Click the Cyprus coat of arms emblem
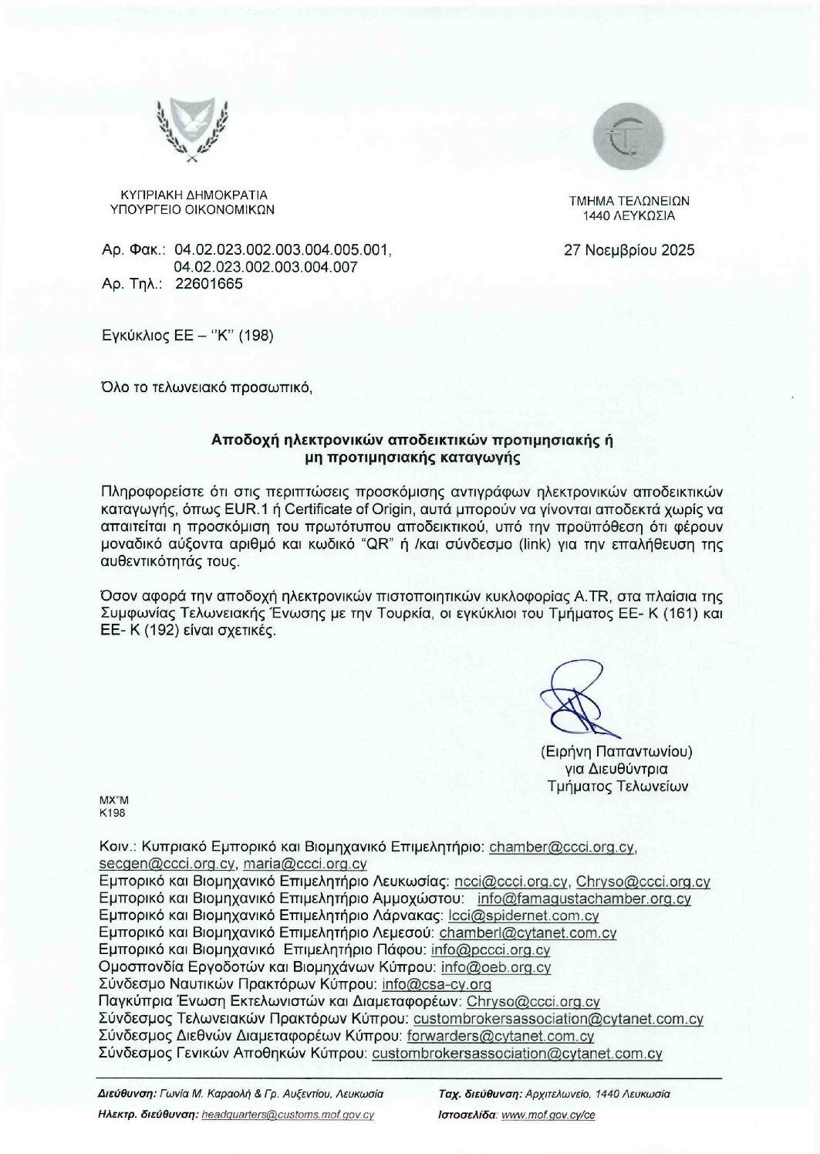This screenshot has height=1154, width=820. pyautogui.click(x=191, y=130)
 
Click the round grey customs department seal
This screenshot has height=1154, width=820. pyautogui.click(x=628, y=138)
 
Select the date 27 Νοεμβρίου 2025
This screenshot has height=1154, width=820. pyautogui.click(x=629, y=250)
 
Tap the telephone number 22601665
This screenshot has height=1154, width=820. pyautogui.click(x=209, y=283)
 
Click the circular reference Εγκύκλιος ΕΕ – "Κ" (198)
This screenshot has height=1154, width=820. pyautogui.click(x=187, y=336)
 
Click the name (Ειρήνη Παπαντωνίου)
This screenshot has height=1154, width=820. pyautogui.click(x=616, y=751)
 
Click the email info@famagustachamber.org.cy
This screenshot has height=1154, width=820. pyautogui.click(x=584, y=898)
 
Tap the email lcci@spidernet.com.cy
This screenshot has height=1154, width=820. pyautogui.click(x=523, y=916)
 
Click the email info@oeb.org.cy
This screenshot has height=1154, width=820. pyautogui.click(x=496, y=967)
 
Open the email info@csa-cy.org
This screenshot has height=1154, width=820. pyautogui.click(x=437, y=984)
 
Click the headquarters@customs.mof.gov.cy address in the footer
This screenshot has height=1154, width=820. pyautogui.click(x=287, y=1115)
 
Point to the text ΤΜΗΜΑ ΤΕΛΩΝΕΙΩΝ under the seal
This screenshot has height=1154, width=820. pyautogui.click(x=629, y=201)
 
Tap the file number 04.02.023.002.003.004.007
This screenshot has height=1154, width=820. pyautogui.click(x=266, y=267)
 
